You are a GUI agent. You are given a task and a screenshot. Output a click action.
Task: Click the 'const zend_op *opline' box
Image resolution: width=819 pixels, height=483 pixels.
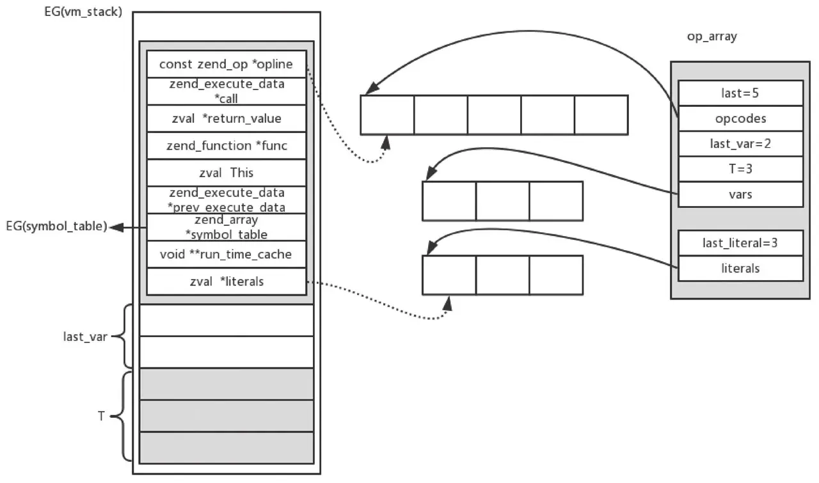(x=226, y=64)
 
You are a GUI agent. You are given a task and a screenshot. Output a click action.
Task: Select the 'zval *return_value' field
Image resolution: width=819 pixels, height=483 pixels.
(x=226, y=118)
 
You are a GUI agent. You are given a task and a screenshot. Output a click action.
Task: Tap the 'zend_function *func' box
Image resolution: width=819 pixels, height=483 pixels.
(x=226, y=146)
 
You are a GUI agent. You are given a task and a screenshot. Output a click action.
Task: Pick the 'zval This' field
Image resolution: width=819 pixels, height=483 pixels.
(x=226, y=173)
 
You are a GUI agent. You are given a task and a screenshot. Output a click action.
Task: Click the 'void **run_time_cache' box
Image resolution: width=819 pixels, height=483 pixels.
(x=226, y=255)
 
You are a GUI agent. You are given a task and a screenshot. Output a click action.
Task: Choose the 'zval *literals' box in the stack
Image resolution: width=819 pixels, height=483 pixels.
(x=226, y=281)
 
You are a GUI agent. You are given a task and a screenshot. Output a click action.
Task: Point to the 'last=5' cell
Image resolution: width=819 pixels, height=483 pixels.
(x=740, y=93)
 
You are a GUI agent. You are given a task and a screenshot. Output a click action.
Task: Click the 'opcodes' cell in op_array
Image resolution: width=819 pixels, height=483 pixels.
(x=740, y=118)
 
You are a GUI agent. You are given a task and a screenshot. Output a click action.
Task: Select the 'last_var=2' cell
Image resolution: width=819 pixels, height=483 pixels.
(x=740, y=143)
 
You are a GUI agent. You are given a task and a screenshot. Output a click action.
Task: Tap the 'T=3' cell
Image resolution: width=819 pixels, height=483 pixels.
(x=740, y=169)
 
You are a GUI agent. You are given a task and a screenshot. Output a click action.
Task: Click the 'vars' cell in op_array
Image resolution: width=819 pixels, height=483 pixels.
(x=740, y=194)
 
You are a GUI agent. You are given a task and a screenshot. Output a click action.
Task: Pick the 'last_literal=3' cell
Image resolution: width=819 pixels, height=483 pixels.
(x=740, y=243)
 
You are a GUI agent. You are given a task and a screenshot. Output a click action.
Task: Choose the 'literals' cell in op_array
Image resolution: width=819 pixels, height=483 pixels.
(x=740, y=269)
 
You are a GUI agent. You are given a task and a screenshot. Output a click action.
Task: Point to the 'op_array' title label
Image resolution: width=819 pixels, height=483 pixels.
(x=712, y=36)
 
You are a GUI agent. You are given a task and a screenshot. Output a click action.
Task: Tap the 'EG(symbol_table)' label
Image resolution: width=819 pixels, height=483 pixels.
(x=56, y=226)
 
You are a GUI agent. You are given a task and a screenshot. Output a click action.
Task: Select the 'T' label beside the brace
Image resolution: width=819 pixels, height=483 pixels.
(x=100, y=416)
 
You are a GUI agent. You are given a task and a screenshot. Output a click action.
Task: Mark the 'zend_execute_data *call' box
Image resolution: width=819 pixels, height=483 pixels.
(x=226, y=91)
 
